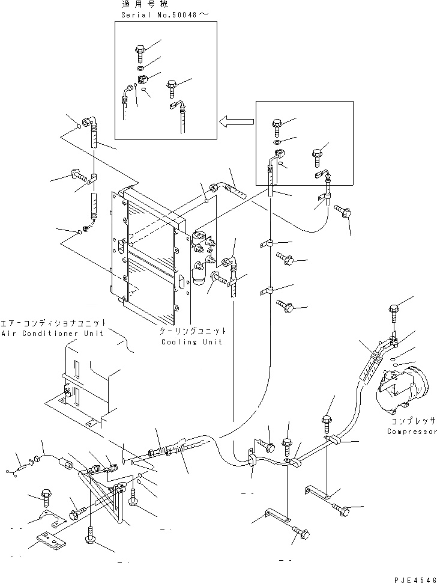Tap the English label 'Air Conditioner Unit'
pyautogui.click(x=52, y=333)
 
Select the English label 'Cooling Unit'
pyautogui.click(x=191, y=341)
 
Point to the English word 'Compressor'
pyautogui.click(x=411, y=432)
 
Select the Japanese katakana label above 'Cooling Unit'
pyautogui.click(x=193, y=331)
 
